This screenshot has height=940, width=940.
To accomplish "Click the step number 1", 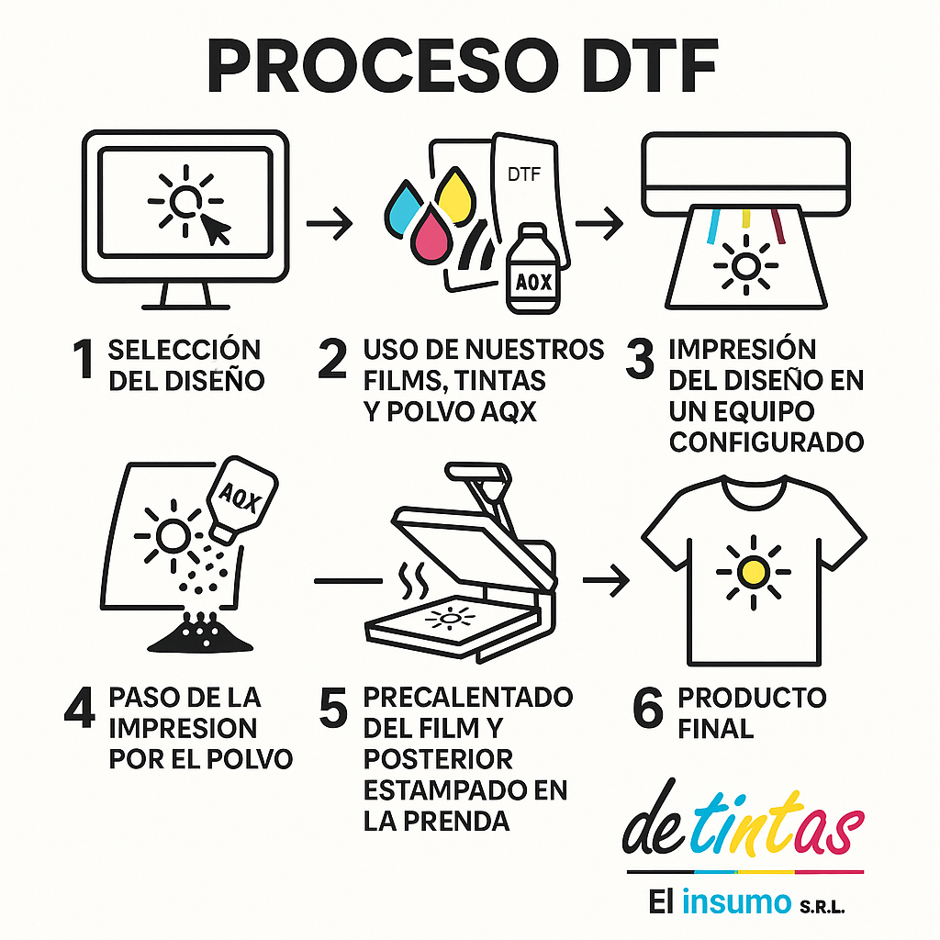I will [x=84, y=361].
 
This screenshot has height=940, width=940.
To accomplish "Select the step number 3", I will [x=639, y=361].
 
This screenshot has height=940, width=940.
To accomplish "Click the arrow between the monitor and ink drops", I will [x=329, y=225].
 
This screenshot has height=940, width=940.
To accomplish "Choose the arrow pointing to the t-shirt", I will [x=606, y=580].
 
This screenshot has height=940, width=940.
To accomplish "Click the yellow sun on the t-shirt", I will [x=751, y=571].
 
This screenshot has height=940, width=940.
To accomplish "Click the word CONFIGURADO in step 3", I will [x=767, y=442].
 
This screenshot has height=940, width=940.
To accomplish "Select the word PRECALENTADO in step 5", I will [x=468, y=697].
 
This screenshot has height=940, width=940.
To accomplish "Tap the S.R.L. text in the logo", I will [x=819, y=906].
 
